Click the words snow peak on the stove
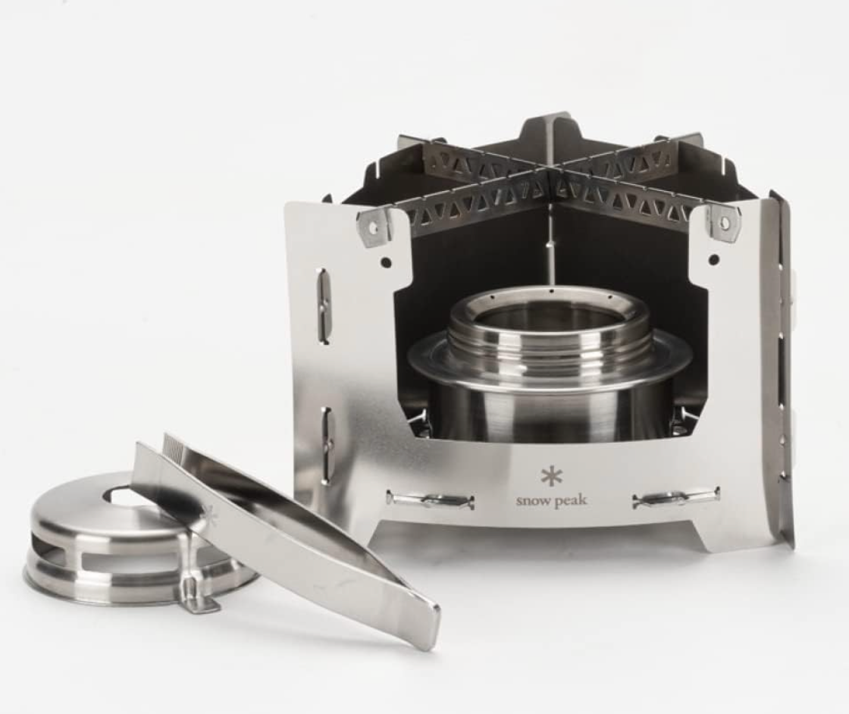[x=551, y=500]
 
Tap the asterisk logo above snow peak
[x=551, y=477]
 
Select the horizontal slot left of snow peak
[x=430, y=499]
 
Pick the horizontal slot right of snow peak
[x=675, y=498]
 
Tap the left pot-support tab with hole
[x=376, y=225]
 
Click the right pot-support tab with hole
[x=722, y=223]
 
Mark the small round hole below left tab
[x=386, y=263]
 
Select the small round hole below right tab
[x=713, y=259]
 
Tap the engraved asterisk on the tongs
[x=210, y=515]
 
